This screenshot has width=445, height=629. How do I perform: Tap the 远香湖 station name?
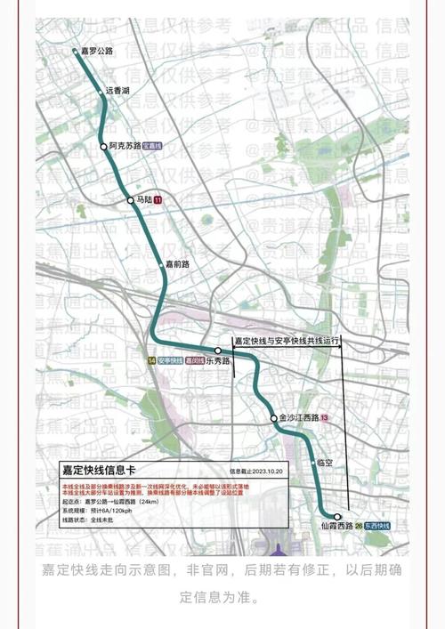(117, 91)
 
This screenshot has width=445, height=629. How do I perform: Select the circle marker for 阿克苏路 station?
(103, 147)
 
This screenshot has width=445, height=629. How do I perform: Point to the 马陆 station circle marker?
(130, 200)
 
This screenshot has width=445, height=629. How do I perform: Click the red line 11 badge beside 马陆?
(158, 201)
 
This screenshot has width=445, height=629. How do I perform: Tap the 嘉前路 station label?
(178, 263)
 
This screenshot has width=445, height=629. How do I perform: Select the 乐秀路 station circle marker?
(218, 351)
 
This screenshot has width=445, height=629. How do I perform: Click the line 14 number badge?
(151, 360)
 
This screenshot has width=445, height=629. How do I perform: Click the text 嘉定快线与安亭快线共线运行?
(287, 341)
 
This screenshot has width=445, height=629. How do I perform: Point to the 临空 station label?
(324, 464)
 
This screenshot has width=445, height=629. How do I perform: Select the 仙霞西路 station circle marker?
(337, 516)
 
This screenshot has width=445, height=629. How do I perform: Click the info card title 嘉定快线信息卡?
(99, 469)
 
